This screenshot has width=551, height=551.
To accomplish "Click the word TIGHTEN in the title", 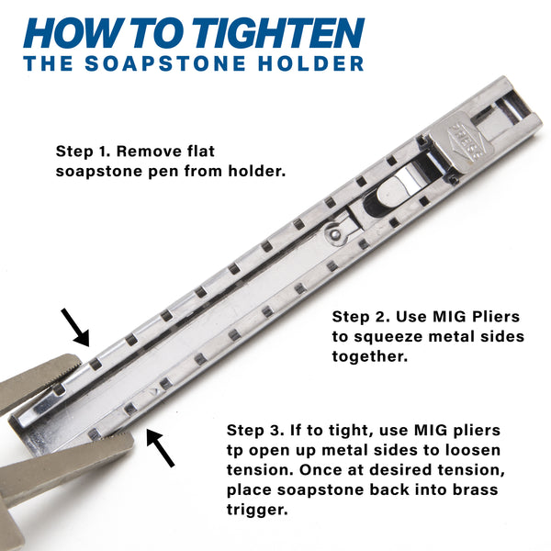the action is click(280, 33).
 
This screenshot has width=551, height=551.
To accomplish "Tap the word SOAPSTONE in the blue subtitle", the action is click(165, 63).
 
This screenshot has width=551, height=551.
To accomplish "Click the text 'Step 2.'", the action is click(361, 317).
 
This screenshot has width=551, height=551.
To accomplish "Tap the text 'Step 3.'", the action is click(255, 430).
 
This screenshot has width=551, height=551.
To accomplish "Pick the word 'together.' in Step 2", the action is click(370, 356).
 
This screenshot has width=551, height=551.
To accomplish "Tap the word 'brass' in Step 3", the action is click(475, 489).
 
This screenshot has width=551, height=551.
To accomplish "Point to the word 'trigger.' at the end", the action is click(257, 510).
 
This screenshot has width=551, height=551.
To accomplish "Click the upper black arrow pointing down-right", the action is click(75, 328).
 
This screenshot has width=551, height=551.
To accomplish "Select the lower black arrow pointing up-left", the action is click(161, 448).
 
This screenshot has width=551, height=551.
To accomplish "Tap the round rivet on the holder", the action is click(336, 232).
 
